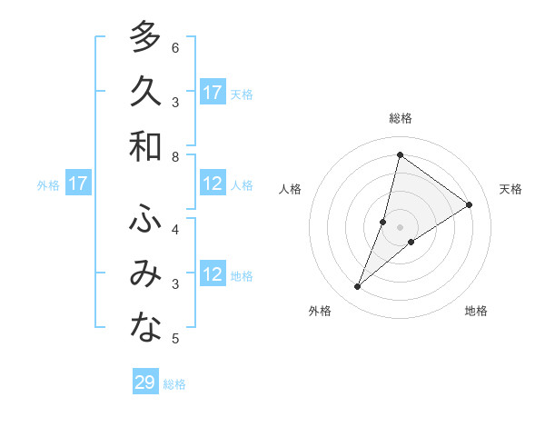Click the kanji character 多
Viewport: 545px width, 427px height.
coord(145,37)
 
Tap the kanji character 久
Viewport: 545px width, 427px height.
coord(145,92)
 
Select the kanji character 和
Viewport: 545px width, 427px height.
coord(145,146)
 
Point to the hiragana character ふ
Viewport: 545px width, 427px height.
coord(145,219)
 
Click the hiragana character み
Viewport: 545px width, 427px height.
coord(145,273)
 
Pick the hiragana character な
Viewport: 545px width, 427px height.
coord(145,328)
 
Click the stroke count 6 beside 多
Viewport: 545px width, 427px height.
coord(175,48)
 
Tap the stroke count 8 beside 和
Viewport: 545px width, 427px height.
coord(175,157)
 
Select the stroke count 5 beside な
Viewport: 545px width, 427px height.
coord(175,339)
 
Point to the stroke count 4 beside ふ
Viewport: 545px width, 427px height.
coord(175,230)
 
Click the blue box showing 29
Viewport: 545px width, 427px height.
coord(145,382)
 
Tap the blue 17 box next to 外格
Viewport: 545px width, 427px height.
coord(78,184)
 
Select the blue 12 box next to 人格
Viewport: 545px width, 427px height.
coord(213,184)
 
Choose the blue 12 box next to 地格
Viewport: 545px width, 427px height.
coord(213,275)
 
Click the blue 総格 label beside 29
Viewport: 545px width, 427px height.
coord(174,384)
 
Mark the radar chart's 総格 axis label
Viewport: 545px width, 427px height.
coord(400,118)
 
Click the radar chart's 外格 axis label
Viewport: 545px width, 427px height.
coord(320,311)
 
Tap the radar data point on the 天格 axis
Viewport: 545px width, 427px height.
coord(470,204)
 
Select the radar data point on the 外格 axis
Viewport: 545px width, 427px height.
coord(358,287)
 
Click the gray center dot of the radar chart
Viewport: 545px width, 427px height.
coord(400,226)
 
